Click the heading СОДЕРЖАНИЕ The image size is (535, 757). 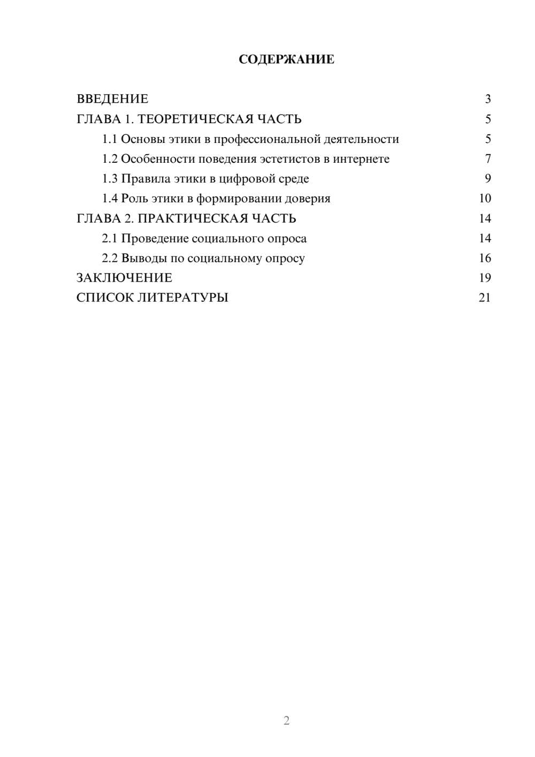click(x=286, y=59)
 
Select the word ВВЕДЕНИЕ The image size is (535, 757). click(x=112, y=99)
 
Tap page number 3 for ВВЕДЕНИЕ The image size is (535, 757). click(x=487, y=99)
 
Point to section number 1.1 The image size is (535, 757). click(x=110, y=139)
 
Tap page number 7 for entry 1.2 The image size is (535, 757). click(x=487, y=159)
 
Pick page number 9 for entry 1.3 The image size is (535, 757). click(x=487, y=179)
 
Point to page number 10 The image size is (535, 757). click(x=485, y=199)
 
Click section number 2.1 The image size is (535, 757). click(x=110, y=238)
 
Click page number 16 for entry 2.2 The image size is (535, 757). click(x=485, y=258)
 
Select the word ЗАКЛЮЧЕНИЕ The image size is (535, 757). click(x=124, y=278)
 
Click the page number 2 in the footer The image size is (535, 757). click(x=286, y=721)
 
